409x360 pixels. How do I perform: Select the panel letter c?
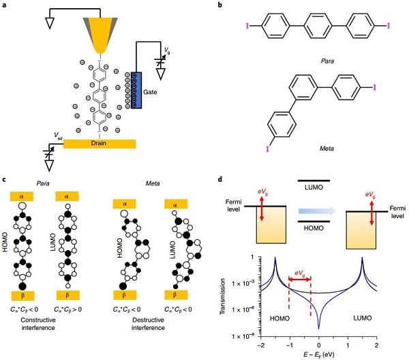coord(5,179)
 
